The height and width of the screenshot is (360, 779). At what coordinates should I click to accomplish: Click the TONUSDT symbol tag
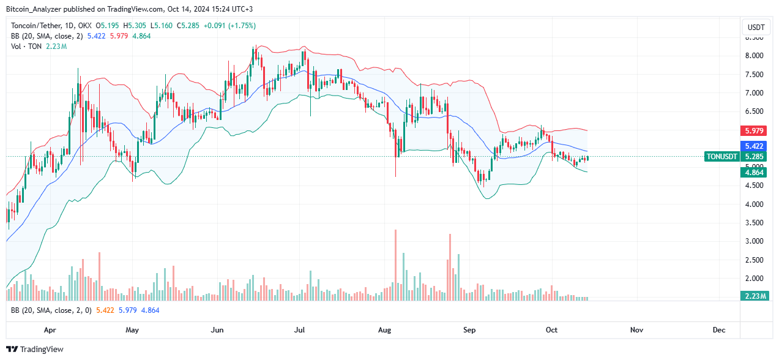(x=722, y=156)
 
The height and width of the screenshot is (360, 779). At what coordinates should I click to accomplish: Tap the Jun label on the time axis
(x=217, y=329)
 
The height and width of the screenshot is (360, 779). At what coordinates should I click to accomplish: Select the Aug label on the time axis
(x=384, y=329)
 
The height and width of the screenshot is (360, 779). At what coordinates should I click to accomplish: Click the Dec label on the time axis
(x=719, y=329)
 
